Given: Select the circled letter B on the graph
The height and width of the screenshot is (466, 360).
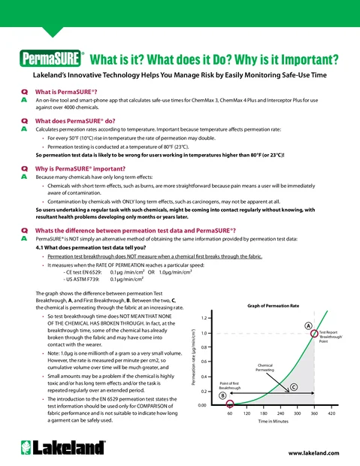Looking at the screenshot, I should tap(222, 395).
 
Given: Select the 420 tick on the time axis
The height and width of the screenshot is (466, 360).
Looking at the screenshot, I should tap(331, 414).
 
